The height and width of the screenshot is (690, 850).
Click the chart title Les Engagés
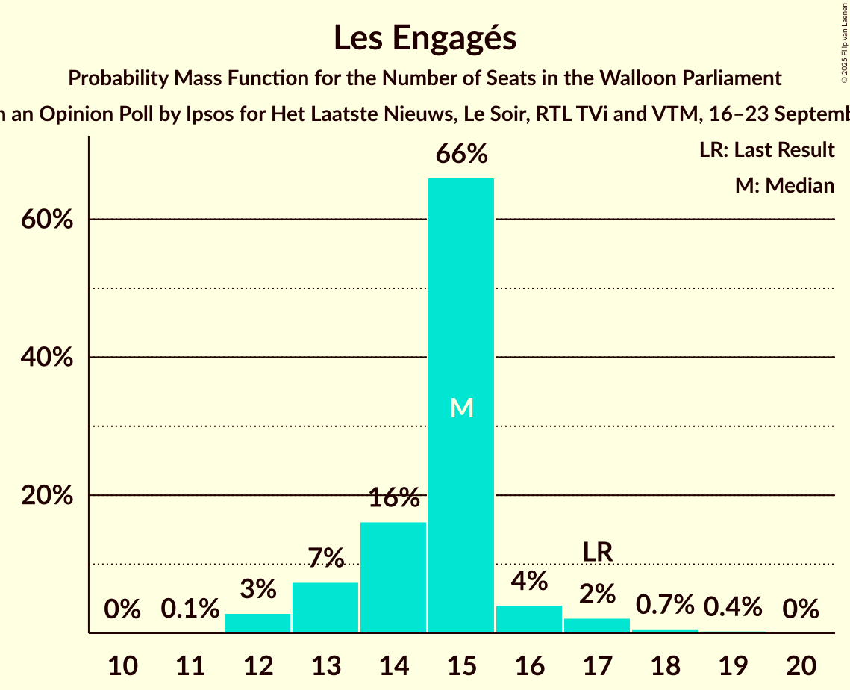click(x=425, y=37)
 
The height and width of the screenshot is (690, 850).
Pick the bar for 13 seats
click(x=325, y=608)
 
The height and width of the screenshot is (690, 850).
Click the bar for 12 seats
click(x=257, y=624)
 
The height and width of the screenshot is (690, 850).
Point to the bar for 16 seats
click(x=529, y=619)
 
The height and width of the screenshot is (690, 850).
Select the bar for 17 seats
click(x=597, y=626)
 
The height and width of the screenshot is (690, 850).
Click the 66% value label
click(x=461, y=155)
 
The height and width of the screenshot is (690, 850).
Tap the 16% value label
click(x=393, y=498)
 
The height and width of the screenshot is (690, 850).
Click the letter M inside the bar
click(x=462, y=408)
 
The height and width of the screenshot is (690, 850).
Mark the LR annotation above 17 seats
click(x=597, y=552)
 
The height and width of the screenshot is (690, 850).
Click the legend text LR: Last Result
click(x=766, y=150)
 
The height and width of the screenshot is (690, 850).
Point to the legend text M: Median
click(x=784, y=185)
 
